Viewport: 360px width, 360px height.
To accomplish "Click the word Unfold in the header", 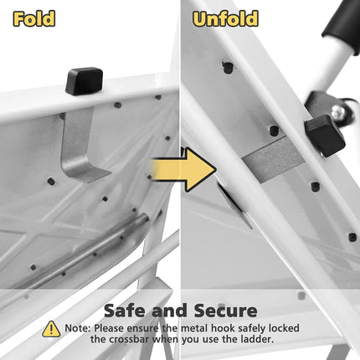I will click(224, 18).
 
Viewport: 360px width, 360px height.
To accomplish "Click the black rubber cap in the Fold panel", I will click(84, 81).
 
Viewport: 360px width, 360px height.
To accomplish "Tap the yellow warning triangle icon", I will click(51, 329).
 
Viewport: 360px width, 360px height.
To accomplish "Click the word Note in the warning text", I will click(77, 328).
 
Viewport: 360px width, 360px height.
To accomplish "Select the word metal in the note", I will click(189, 328).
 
